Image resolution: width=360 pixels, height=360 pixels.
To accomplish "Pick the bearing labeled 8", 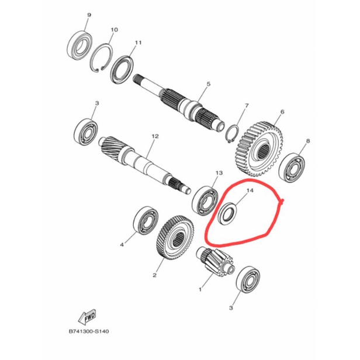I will (x=295, y=164).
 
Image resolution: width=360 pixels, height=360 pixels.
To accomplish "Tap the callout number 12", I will (x=155, y=136).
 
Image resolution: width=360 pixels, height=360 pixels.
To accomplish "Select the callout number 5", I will (x=207, y=84).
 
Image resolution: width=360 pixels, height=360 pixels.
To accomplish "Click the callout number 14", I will (x=250, y=191).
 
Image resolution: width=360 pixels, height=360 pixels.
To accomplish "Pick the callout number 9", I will (x=88, y=14).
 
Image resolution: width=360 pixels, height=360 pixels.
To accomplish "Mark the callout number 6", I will (x=282, y=111).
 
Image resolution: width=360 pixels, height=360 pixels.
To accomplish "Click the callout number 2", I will (x=155, y=274).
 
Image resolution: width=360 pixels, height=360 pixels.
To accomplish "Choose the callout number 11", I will (x=138, y=43).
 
